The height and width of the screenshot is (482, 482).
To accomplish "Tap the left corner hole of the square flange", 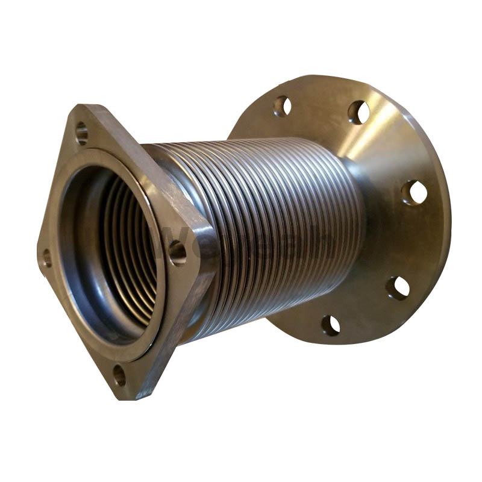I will click(46, 258).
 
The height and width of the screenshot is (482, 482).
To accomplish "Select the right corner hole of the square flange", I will click(177, 252).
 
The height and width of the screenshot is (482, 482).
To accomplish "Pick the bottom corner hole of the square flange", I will click(119, 375).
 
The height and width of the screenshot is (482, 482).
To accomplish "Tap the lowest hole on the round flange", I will click(330, 325).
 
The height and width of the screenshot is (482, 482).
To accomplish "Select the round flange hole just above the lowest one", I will click(398, 287).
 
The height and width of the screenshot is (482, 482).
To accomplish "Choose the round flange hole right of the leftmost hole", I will click(358, 112).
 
